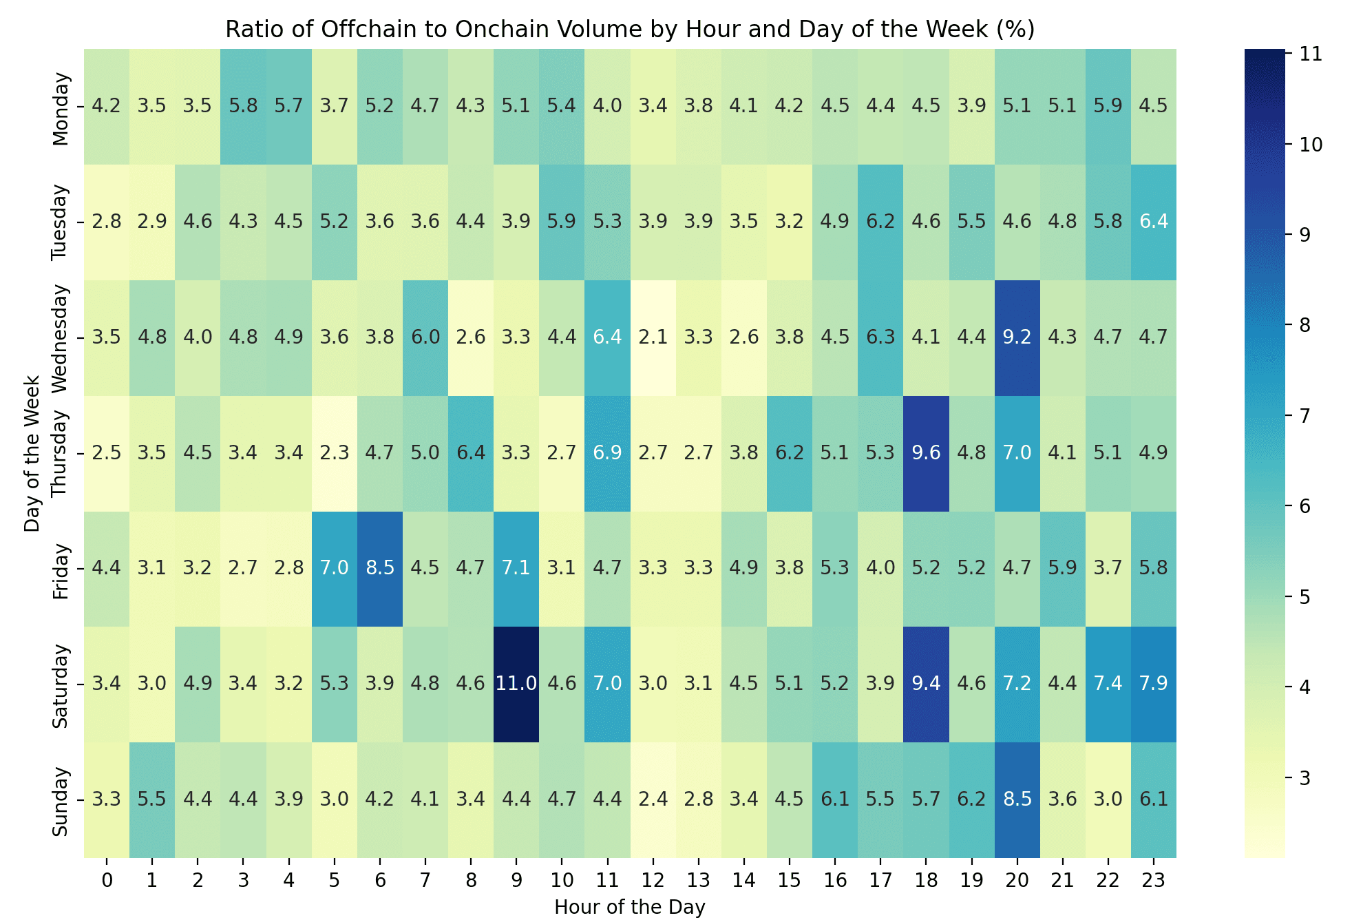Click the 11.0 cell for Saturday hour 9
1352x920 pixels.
point(516,684)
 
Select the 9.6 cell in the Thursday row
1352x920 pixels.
point(926,453)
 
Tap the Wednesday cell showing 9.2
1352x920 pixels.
point(1017,337)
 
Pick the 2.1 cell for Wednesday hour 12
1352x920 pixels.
point(653,337)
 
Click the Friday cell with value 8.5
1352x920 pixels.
point(380,568)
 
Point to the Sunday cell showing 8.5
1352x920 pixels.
point(1017,799)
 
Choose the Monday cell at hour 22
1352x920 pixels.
point(1108,106)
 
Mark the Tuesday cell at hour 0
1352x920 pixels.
point(107,222)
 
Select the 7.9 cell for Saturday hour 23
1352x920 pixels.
point(1153,684)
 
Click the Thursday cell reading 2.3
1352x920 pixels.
point(334,453)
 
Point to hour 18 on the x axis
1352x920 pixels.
point(926,880)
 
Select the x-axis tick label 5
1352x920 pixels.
point(334,880)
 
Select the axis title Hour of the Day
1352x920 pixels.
point(630,907)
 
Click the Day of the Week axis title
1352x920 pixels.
point(32,453)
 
